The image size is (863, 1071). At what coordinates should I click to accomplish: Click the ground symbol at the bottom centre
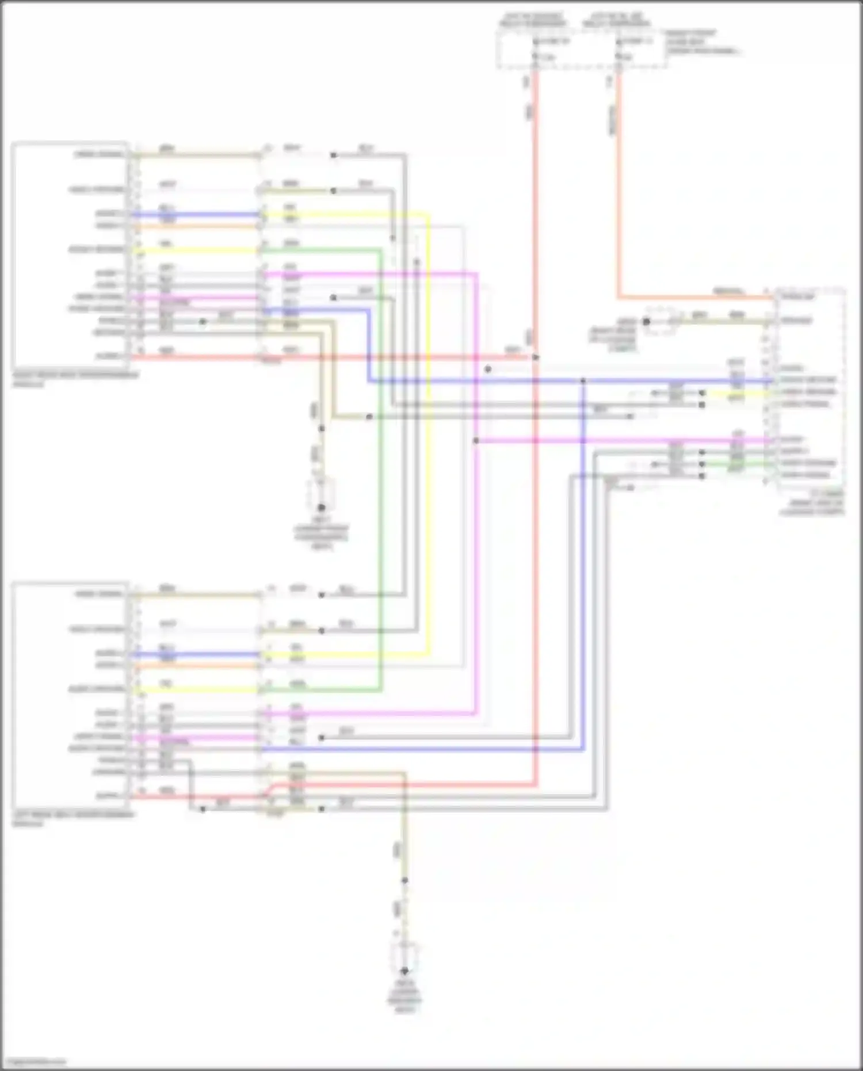click(404, 971)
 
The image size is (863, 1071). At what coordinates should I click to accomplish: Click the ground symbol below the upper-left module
click(322, 507)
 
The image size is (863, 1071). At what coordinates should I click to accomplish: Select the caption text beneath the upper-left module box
click(75, 379)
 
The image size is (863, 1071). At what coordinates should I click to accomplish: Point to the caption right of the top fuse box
click(702, 42)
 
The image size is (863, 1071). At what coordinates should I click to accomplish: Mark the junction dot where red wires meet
click(536, 357)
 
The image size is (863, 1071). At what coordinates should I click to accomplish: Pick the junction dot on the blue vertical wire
click(583, 381)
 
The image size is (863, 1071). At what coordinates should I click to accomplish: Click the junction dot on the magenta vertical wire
click(476, 441)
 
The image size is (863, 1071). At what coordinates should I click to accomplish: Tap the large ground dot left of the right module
click(646, 322)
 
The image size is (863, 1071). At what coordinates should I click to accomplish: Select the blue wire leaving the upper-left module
click(196, 215)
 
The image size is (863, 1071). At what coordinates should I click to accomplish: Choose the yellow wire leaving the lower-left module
click(196, 689)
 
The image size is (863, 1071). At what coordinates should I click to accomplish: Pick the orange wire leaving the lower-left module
click(196, 666)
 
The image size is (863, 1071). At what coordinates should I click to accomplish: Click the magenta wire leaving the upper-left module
click(196, 298)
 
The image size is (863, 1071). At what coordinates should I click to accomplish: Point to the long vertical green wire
click(380, 460)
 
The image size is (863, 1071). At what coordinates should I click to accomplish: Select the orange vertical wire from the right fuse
click(619, 184)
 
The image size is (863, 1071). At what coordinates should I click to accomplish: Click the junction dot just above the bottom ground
click(404, 881)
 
